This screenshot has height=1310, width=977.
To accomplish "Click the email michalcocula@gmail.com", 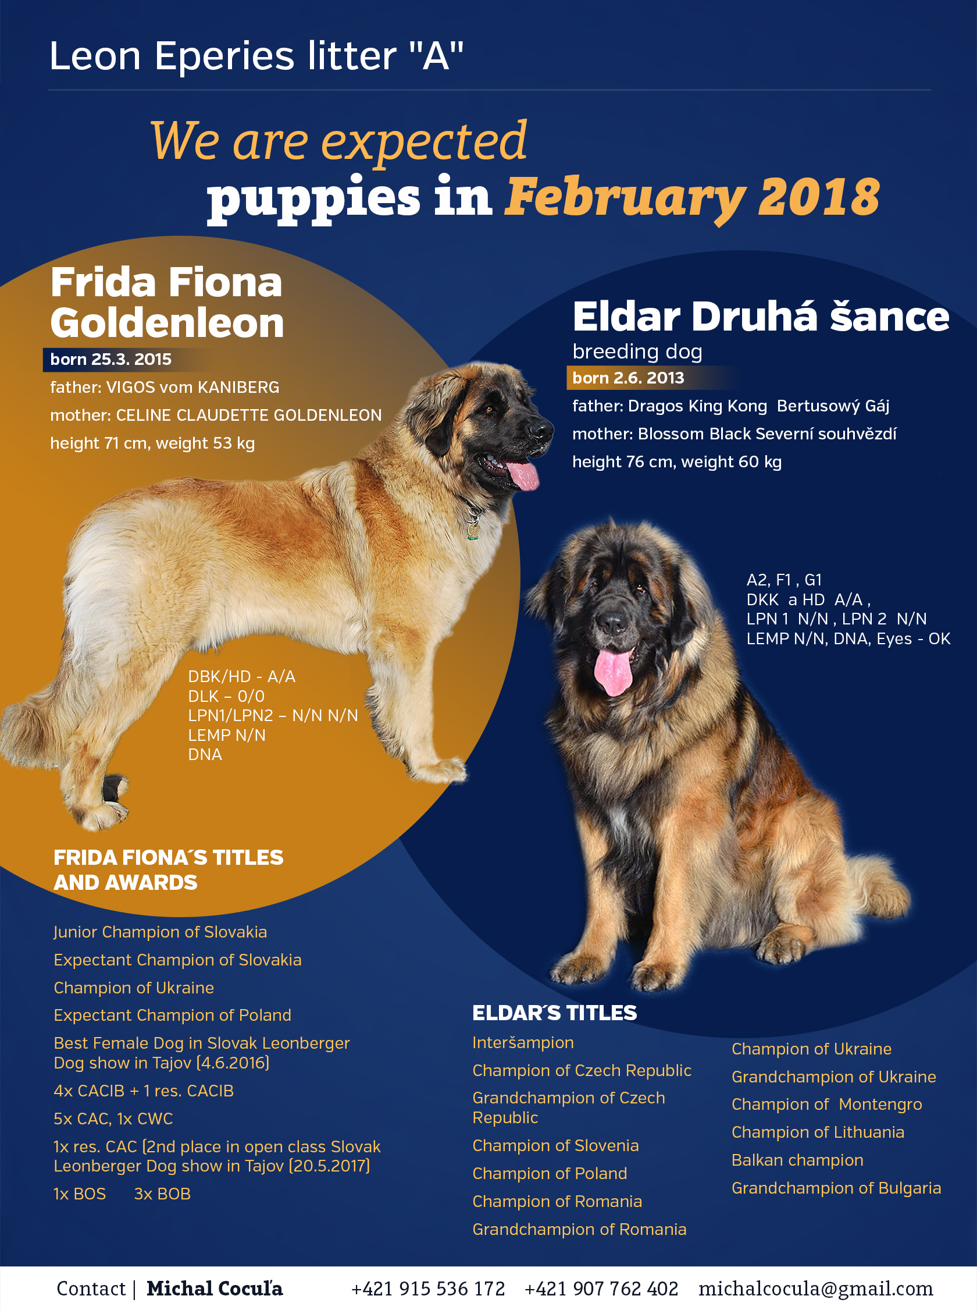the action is (x=815, y=1288).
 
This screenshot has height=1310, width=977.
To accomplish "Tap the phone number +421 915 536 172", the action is (x=427, y=1288).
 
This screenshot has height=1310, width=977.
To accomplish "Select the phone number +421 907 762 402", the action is (x=601, y=1288).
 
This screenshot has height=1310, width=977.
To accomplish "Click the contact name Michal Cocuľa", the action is (x=215, y=1288).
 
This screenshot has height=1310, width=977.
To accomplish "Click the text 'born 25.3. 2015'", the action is (x=110, y=359).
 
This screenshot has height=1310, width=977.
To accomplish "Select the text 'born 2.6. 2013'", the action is (x=628, y=378).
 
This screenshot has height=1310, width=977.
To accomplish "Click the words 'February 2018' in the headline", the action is (x=692, y=197).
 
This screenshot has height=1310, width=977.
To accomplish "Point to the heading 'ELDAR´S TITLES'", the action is (x=554, y=1013).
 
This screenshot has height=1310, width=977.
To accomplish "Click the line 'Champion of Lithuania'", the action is (x=818, y=1132).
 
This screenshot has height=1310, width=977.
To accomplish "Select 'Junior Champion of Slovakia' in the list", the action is (x=161, y=932).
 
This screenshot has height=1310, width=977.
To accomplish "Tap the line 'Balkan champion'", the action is (x=797, y=1160).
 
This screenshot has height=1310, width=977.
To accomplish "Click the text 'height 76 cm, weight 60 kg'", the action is (x=677, y=461).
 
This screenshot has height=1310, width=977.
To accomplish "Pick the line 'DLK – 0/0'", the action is (x=226, y=696).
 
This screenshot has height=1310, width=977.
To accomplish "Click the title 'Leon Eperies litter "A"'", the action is (x=256, y=56).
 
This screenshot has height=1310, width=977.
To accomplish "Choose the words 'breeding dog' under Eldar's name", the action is (x=637, y=352).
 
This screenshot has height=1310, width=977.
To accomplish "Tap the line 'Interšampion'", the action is (x=523, y=1042).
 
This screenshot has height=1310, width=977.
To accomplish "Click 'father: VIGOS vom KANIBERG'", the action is (x=165, y=387).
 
